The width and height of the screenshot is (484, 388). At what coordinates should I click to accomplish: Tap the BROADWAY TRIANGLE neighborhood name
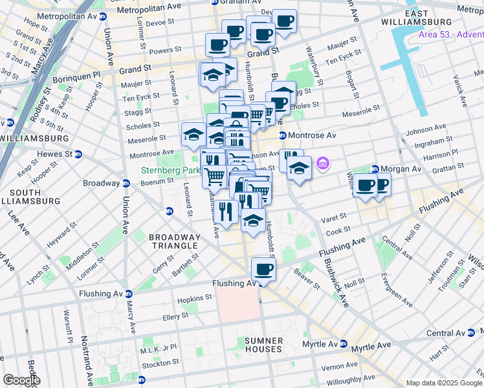[173, 241]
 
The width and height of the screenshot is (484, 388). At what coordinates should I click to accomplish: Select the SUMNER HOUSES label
[263, 345]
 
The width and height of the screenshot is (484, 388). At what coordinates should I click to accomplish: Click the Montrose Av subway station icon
[282, 135]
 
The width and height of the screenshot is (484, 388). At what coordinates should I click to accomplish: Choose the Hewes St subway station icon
[78, 154]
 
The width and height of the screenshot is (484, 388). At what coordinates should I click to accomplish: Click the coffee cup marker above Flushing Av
[263, 268]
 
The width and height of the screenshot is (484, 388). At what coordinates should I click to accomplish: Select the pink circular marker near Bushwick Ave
[322, 166]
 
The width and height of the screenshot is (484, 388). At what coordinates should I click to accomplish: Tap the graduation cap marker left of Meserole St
[193, 135]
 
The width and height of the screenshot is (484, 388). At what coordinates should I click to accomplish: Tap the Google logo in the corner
[21, 380]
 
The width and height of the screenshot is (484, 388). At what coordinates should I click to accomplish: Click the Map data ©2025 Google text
[444, 383]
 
